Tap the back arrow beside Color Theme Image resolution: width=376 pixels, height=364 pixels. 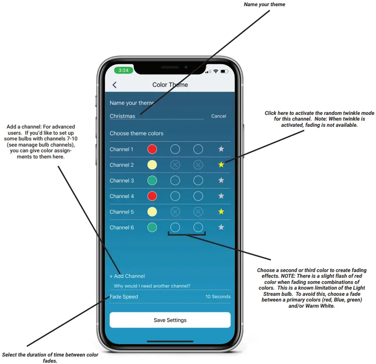click(115, 85)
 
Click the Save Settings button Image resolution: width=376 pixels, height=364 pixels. click(170, 320)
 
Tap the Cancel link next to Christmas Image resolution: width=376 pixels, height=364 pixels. click(219, 116)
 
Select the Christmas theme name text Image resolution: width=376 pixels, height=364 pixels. click(123, 116)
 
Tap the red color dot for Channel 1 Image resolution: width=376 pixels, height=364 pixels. click(152, 149)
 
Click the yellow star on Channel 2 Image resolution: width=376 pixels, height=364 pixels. click(221, 165)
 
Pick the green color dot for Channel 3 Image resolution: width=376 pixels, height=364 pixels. click(152, 180)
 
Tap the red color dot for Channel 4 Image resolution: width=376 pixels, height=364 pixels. click(152, 196)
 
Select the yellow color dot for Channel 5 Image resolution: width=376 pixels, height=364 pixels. click(152, 212)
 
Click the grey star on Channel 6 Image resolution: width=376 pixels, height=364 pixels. click(221, 227)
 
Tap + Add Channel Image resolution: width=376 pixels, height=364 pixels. click(127, 276)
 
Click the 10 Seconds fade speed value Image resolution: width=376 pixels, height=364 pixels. click(218, 297)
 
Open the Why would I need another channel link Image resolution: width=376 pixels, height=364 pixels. click(152, 286)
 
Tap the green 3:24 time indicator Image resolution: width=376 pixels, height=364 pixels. click(123, 70)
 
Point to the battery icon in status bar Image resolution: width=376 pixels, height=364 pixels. click(224, 70)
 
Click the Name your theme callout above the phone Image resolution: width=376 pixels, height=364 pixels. click(264, 4)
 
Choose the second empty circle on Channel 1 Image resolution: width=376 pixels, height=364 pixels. click(198, 149)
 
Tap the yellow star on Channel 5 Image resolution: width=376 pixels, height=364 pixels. click(221, 212)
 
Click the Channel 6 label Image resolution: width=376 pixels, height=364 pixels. click(122, 228)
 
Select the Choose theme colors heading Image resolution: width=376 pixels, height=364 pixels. click(136, 133)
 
